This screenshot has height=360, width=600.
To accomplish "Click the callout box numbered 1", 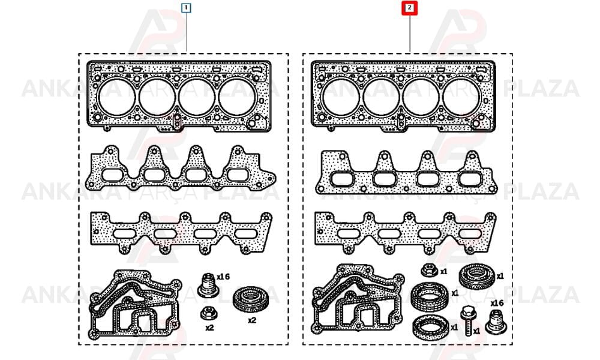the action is (x=187, y=8).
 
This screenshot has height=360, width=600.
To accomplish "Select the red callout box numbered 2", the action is (x=409, y=8).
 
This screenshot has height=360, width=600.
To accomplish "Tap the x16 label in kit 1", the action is (x=223, y=277).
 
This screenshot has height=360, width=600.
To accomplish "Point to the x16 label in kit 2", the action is (x=497, y=303).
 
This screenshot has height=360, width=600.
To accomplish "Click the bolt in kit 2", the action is (x=467, y=320).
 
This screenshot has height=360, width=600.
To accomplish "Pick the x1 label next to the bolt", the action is (x=476, y=331).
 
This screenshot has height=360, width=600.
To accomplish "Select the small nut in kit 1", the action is (x=209, y=313).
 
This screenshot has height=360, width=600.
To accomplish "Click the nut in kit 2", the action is (x=429, y=271).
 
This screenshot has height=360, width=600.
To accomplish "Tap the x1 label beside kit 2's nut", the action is (x=443, y=272).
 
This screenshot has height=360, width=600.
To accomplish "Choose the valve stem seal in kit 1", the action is (x=208, y=285).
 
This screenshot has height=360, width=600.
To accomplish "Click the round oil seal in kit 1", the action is (x=251, y=299).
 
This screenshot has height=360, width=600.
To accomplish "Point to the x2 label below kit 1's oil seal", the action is (x=251, y=320).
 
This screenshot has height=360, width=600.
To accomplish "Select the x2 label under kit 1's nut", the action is (x=209, y=328).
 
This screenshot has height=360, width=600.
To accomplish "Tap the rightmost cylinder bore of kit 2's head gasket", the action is (x=461, y=98).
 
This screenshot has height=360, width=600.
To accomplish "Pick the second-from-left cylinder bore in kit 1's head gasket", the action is (x=157, y=98).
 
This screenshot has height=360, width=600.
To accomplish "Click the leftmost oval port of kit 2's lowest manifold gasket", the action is (x=348, y=234).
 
